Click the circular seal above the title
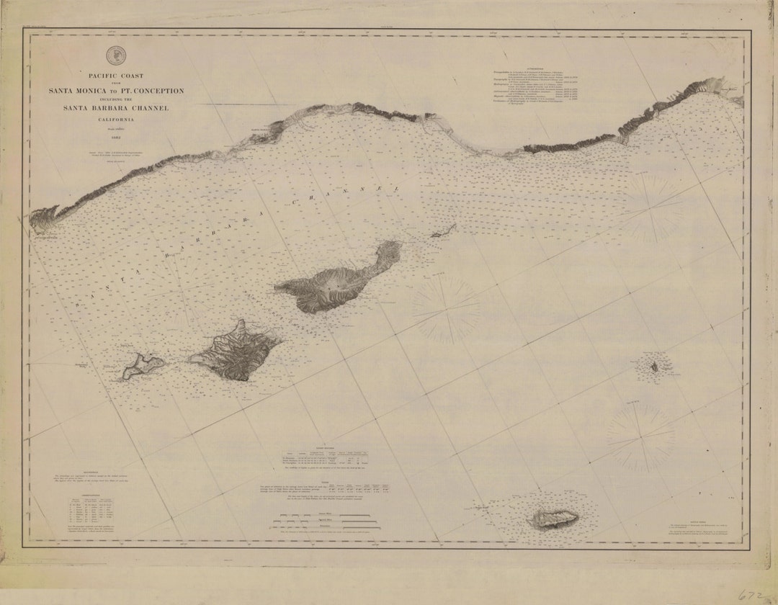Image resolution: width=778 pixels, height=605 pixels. pos(115,55)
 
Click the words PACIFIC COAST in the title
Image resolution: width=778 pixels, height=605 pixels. pos(116,76)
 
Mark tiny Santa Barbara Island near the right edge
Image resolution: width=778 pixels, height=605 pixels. pos(654,367)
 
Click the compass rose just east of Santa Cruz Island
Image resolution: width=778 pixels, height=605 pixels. pos(447,310)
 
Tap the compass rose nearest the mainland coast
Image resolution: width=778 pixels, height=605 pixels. pos(653,208)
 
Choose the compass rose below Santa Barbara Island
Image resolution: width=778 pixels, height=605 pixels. pos(640,436)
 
